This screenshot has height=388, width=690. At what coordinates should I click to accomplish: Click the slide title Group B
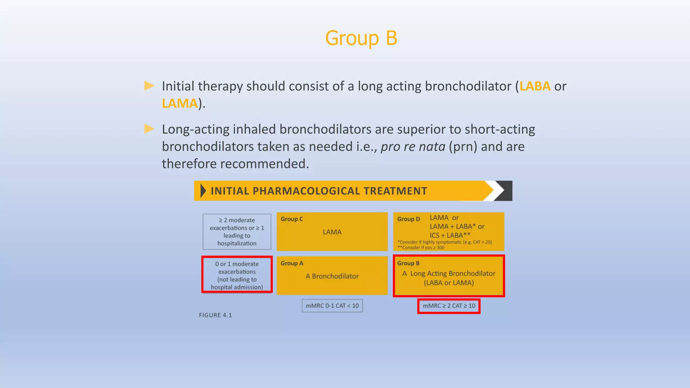tap(361, 38)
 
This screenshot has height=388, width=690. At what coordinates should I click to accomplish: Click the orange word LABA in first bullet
tap(535, 86)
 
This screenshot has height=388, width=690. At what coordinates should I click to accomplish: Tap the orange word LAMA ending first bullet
tap(180, 103)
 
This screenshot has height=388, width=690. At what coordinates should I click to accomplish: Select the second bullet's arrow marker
tap(149, 129)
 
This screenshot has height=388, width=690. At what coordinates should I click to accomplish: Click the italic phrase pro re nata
tap(413, 147)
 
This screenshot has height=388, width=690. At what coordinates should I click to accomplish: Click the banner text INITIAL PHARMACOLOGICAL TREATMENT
tap(319, 191)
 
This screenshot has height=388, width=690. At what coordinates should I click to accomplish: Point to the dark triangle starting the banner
tap(203, 191)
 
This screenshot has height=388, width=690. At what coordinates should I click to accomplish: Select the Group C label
tap(292, 219)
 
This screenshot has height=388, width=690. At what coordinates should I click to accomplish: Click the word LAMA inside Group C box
tap(332, 232)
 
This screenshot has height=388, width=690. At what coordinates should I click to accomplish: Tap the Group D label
tap(408, 219)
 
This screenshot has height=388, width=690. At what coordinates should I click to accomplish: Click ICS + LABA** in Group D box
tap(449, 235)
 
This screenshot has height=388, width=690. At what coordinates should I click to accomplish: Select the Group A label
tap(292, 263)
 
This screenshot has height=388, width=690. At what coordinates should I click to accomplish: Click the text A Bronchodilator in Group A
tap(332, 276)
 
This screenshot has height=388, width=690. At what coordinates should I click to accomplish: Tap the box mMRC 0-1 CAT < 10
tap(332, 306)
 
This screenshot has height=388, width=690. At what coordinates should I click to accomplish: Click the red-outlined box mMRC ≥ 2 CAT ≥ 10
tap(449, 306)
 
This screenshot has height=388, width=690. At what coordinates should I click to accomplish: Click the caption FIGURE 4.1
tap(215, 315)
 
